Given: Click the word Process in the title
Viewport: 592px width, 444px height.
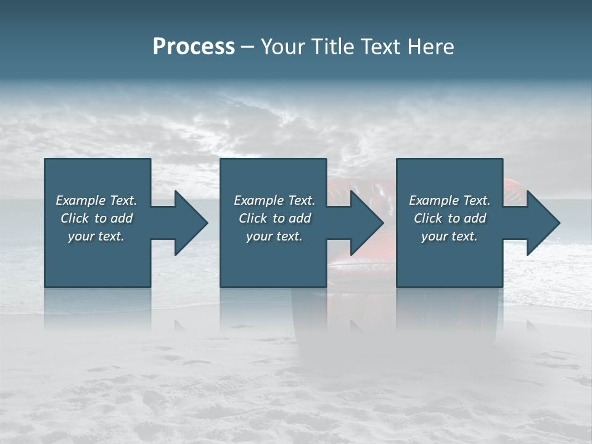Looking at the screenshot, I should tap(194, 47).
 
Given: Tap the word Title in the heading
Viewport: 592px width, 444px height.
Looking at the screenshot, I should tap(334, 47).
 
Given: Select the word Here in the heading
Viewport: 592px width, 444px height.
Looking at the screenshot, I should tap(430, 47).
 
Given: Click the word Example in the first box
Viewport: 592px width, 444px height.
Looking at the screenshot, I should tap(80, 200).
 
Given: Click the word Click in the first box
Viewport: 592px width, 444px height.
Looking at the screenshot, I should tap(74, 218).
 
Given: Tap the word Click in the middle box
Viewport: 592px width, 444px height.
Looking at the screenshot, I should tap(252, 218).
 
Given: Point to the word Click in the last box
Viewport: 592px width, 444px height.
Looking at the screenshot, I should tap(427, 218).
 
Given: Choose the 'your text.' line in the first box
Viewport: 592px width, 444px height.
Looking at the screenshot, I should tap(96, 236).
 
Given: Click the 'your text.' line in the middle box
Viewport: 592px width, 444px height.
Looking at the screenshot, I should tap(274, 236).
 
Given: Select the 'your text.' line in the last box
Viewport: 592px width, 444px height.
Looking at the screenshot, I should tap(450, 236).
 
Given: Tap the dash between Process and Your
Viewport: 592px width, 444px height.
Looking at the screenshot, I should tap(248, 47).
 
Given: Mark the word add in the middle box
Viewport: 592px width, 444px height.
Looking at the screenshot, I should tap(300, 218).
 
